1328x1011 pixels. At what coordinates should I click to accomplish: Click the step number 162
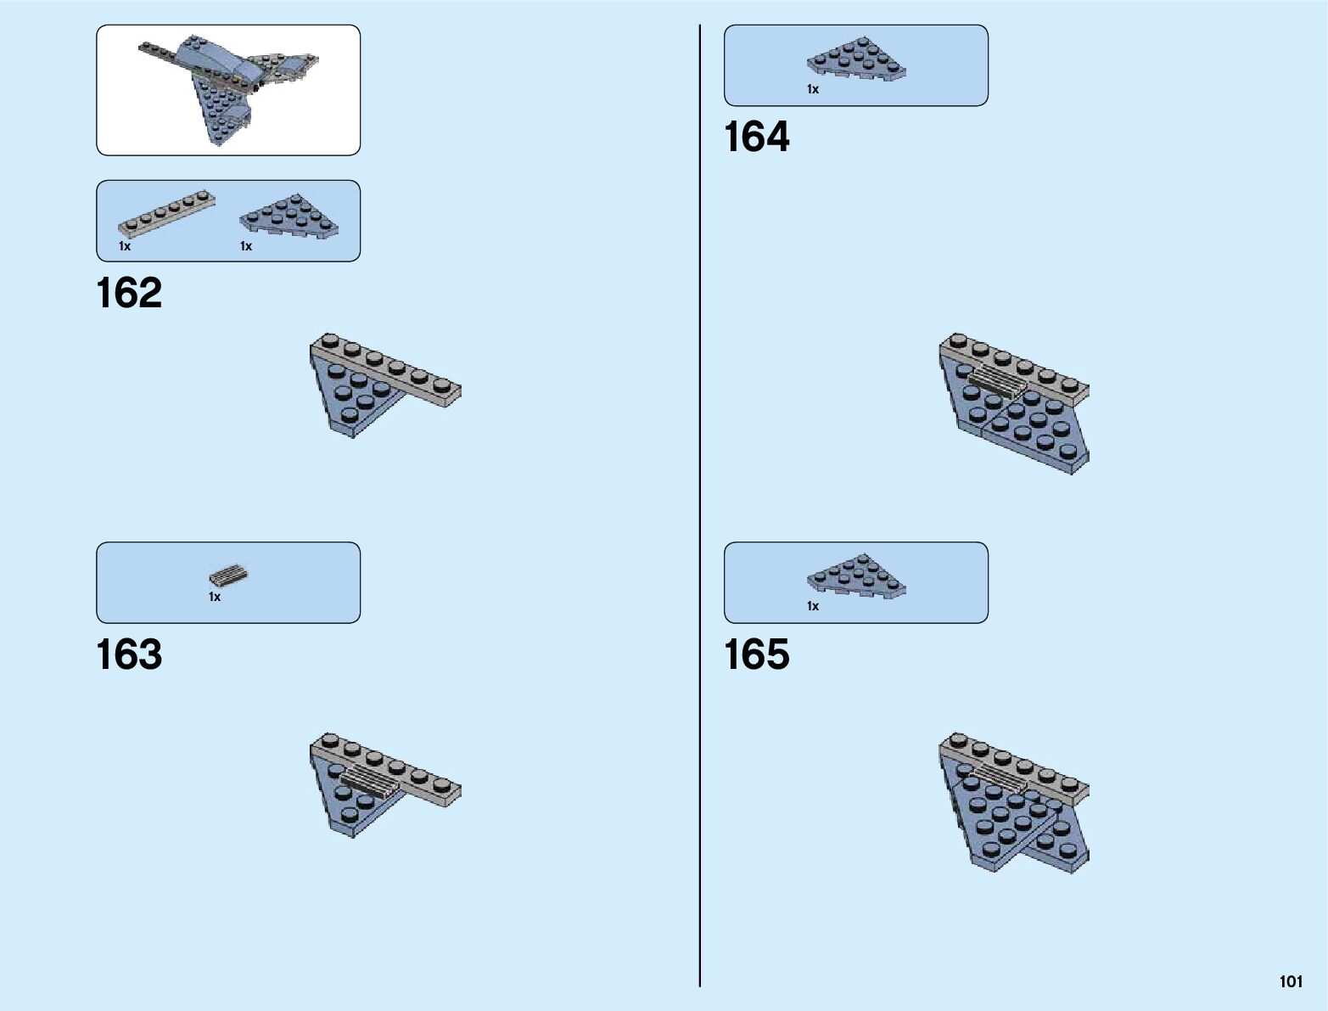tap(129, 293)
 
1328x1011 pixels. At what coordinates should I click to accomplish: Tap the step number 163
tap(129, 655)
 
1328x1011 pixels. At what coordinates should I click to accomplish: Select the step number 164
tap(756, 138)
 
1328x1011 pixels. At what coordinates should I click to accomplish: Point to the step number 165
tap(756, 655)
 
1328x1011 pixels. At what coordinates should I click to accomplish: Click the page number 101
tap(1291, 982)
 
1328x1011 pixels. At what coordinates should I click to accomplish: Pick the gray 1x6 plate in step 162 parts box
tap(166, 212)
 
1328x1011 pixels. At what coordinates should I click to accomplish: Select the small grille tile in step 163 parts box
tap(228, 576)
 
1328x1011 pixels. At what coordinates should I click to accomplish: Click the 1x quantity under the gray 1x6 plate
tap(125, 247)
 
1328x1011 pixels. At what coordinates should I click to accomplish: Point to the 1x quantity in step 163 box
tap(215, 598)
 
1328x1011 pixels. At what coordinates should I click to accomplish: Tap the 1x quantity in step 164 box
tap(813, 89)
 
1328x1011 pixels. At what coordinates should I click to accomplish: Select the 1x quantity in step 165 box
tap(813, 606)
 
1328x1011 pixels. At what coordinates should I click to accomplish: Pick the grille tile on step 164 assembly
tap(998, 381)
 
